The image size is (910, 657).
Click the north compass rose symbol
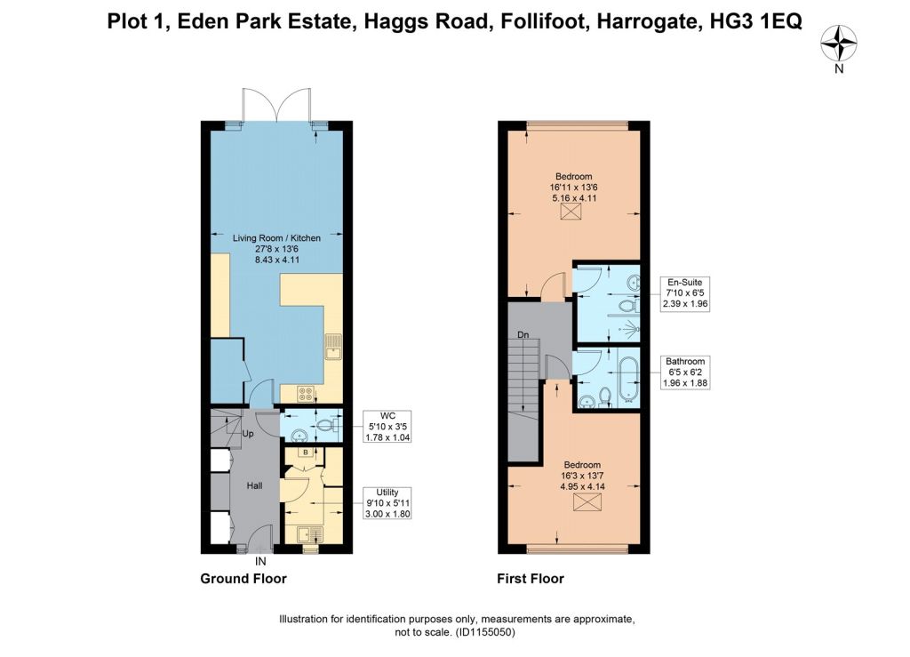pos(839,44)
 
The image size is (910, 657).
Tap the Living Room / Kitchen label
pos(277,238)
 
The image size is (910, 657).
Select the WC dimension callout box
pos(387,427)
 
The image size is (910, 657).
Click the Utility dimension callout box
pos(387,503)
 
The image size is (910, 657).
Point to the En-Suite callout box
pos(685,293)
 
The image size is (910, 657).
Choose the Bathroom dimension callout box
pos(685,372)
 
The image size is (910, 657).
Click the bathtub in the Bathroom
pos(628,381)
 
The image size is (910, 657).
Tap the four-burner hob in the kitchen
pos(306,394)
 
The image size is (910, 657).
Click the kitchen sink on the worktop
pos(334,347)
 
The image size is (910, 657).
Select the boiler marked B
pos(306,452)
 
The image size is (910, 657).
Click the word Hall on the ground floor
pos(255,485)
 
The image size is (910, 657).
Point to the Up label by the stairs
pos(248,434)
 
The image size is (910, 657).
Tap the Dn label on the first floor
pos(523,335)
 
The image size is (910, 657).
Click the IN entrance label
pos(260,562)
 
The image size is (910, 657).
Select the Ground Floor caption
pos(243,579)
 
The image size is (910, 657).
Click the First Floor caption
pos(531,579)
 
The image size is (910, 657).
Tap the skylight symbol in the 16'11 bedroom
pos(571,212)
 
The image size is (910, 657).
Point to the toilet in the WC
pos(327,426)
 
